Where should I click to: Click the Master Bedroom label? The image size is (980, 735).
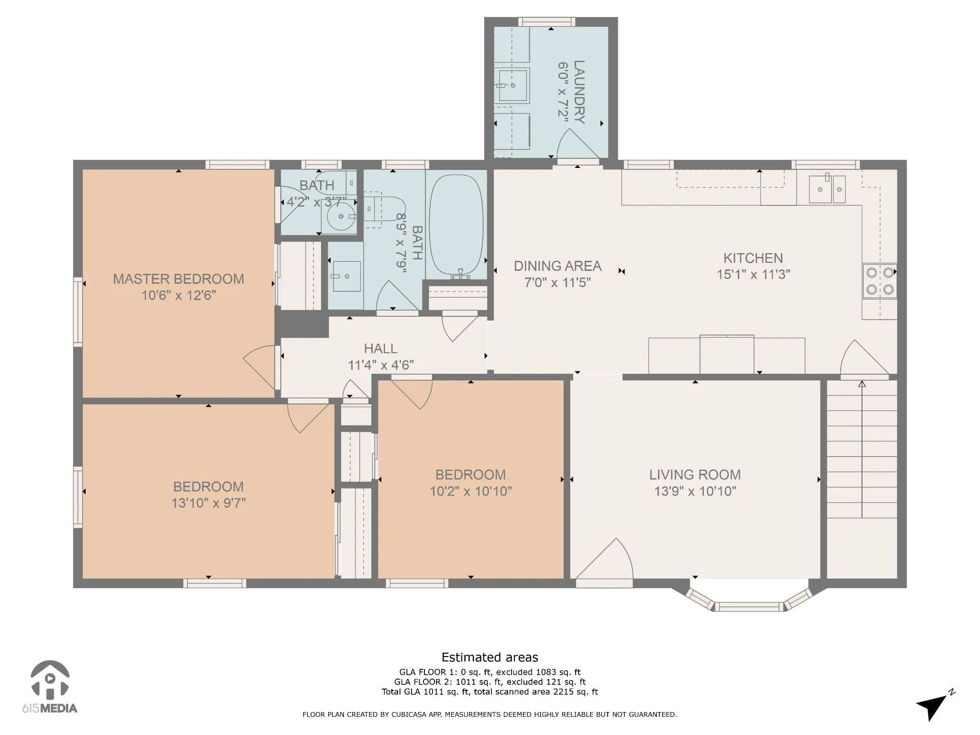pos(178,279)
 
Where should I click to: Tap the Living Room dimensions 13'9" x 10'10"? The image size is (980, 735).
pos(695,491)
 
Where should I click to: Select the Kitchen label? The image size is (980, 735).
pos(753,258)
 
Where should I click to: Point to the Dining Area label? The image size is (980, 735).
pos(557,266)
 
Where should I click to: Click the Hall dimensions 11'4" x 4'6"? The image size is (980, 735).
pos(381,365)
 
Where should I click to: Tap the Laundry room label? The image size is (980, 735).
pos(579,92)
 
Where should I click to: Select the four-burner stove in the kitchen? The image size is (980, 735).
pos(880,281)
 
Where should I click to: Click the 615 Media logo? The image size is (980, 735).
pos(50,687)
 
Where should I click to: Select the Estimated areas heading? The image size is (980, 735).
pos(490,657)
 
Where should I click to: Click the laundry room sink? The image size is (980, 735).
pos(512,86)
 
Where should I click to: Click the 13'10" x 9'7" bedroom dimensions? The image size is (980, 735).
pos(209,503)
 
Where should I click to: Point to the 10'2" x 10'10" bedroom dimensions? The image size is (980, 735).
pos(471,491)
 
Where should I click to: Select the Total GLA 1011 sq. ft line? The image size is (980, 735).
pos(490,691)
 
